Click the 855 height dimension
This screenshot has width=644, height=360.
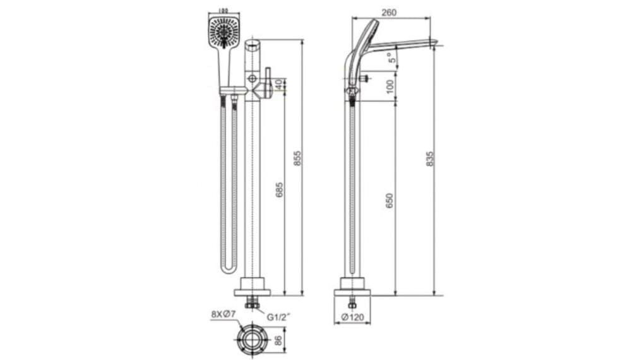pos(298,158)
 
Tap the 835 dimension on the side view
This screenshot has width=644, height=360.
pos(430,158)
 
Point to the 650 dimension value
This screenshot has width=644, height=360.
pos(390,201)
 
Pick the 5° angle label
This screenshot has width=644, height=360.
pos(393,59)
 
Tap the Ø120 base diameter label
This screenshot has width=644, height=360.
pos(352,317)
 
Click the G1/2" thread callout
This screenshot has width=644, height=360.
pos(278,317)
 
